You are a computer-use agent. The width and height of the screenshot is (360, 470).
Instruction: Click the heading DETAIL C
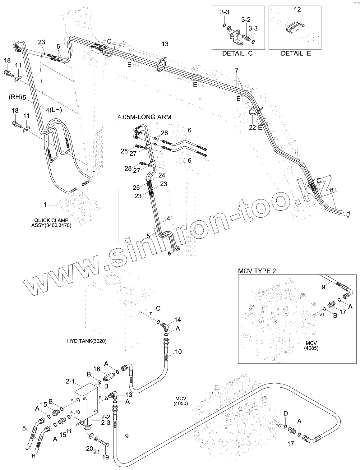tap(237, 53)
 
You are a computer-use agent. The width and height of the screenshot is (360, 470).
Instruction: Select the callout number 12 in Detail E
tap(297, 10)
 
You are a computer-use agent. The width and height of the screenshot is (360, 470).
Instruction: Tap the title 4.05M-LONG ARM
tap(145, 117)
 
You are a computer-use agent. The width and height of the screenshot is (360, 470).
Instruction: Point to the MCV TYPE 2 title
tap(257, 271)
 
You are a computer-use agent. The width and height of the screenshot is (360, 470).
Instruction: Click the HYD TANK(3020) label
tap(87, 341)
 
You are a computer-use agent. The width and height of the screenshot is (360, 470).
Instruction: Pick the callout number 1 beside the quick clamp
tap(45, 205)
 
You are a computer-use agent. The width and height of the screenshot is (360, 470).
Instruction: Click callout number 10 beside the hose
tap(178, 352)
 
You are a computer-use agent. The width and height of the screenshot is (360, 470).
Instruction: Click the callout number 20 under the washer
tap(90, 448)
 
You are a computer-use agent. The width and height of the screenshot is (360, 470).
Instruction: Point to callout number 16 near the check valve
tap(97, 369)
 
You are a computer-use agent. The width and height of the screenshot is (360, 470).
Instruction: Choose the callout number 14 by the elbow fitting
tap(177, 320)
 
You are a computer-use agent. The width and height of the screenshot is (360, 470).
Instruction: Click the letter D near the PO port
tap(286, 413)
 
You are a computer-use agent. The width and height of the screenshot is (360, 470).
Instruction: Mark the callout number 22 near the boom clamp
tap(252, 127)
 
